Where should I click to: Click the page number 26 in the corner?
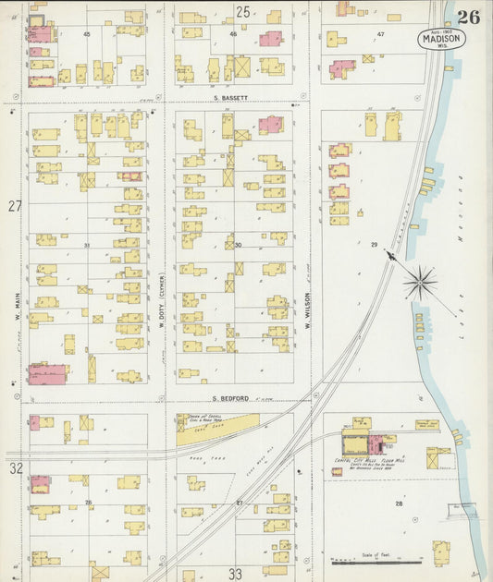(x=468, y=16)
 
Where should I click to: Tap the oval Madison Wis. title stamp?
(x=441, y=40)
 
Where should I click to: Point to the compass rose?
(x=421, y=281)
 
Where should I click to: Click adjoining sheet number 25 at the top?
(x=242, y=12)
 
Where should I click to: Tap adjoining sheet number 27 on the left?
(x=15, y=206)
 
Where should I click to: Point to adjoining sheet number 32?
(x=16, y=468)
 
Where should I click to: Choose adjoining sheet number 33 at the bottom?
(x=235, y=574)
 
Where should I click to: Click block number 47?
(x=380, y=34)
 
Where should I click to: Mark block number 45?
(x=87, y=34)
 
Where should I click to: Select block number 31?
(x=87, y=245)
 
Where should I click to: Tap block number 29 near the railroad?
(x=375, y=244)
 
